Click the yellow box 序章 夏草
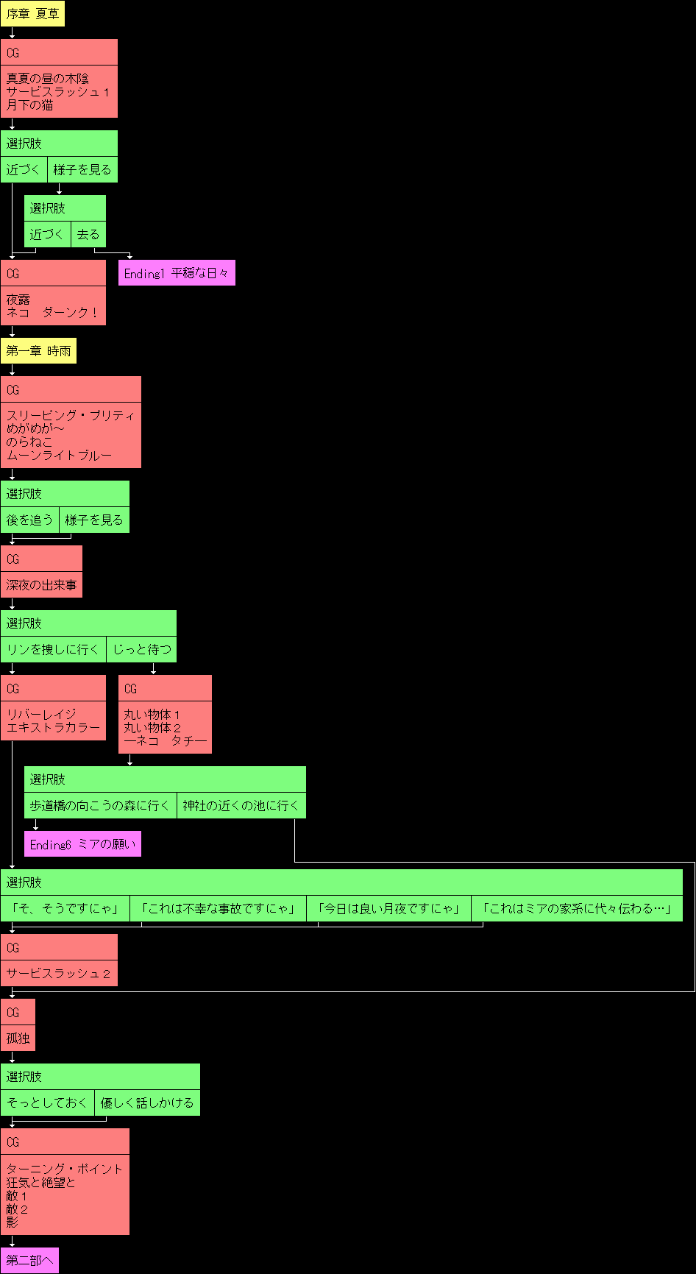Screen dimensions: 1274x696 click(32, 13)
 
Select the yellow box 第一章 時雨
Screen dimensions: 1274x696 click(38, 351)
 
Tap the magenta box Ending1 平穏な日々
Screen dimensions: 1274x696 click(177, 273)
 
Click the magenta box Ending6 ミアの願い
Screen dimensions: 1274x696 click(82, 844)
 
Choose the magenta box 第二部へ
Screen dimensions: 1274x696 click(29, 1261)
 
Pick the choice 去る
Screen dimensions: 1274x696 click(88, 234)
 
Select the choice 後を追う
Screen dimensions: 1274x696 click(29, 520)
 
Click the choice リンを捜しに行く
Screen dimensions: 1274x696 click(53, 649)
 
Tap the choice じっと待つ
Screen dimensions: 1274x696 click(141, 649)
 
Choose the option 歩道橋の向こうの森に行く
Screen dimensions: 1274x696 click(100, 805)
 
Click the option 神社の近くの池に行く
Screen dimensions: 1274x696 click(241, 805)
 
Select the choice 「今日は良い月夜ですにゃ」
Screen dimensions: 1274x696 click(388, 908)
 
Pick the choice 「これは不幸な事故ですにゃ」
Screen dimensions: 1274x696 click(218, 908)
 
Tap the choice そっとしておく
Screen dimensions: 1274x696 click(47, 1103)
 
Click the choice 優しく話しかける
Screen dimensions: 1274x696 click(147, 1103)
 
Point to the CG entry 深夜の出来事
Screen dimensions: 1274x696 click(41, 585)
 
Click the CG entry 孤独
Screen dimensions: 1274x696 click(18, 1038)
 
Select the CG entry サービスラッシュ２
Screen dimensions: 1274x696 click(59, 974)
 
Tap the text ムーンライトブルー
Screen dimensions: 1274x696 click(59, 456)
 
